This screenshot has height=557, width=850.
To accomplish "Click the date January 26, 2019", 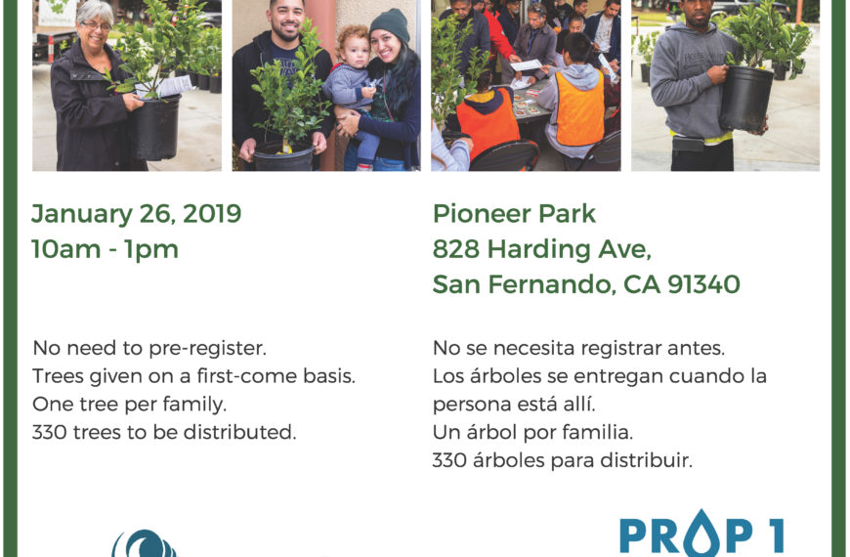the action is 136,214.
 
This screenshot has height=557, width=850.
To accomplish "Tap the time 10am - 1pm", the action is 105,249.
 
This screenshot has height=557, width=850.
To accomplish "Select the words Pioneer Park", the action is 514,214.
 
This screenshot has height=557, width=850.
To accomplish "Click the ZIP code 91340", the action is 703,284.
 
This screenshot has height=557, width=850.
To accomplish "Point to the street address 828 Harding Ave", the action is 541,249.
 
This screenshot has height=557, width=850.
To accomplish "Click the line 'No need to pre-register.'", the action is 149,348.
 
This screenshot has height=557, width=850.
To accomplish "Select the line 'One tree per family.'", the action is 130,404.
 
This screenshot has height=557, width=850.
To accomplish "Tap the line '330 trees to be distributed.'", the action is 164,432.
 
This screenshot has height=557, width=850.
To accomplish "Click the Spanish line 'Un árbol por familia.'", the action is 532,432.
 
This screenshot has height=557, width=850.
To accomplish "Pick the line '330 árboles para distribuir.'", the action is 563,460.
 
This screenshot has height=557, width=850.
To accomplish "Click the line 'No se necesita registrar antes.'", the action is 579,348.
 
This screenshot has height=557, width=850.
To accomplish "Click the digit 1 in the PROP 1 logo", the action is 777,536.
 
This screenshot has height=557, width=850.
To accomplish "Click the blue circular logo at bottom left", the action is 145,543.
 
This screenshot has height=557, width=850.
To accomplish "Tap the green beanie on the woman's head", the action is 390,25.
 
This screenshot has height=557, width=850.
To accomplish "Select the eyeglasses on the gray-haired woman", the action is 97,25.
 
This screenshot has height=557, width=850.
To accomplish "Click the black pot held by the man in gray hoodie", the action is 745,99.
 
